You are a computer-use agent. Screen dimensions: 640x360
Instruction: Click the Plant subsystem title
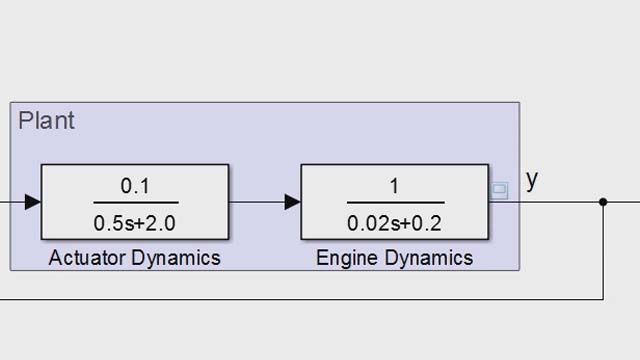pos(46,122)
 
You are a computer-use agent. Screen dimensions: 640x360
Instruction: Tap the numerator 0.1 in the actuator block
pos(135,186)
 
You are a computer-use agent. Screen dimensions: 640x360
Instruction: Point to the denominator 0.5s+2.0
pos(135,221)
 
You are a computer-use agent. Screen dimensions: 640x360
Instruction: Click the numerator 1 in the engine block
pos(396,186)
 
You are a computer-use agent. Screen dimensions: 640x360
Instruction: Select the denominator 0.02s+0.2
pos(396,221)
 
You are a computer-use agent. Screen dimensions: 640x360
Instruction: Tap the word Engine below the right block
pos(345,258)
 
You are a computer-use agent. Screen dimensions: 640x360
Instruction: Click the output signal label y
pos(532,179)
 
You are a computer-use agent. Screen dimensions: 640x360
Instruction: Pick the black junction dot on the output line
pos(603,202)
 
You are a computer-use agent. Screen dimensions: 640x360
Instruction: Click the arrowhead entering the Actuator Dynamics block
pos(32,202)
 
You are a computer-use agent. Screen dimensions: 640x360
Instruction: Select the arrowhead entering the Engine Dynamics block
pos(292,202)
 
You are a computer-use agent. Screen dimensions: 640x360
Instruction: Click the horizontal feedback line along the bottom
pos(300,298)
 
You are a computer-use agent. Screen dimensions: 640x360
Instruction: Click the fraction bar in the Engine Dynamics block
pos(396,203)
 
